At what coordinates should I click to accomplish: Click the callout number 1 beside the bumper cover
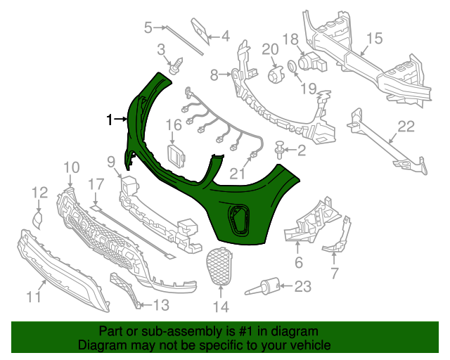coord(109,120)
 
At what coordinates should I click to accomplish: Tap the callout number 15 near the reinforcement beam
coord(373,38)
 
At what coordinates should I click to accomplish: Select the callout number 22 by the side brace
coord(407,127)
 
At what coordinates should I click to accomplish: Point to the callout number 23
coord(302,286)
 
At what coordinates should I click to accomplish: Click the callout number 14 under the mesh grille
coord(220,307)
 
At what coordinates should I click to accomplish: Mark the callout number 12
coord(39,191)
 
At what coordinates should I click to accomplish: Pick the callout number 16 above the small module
coord(174,125)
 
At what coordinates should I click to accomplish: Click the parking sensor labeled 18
coord(312,65)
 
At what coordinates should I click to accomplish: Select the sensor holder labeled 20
coord(273,75)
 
